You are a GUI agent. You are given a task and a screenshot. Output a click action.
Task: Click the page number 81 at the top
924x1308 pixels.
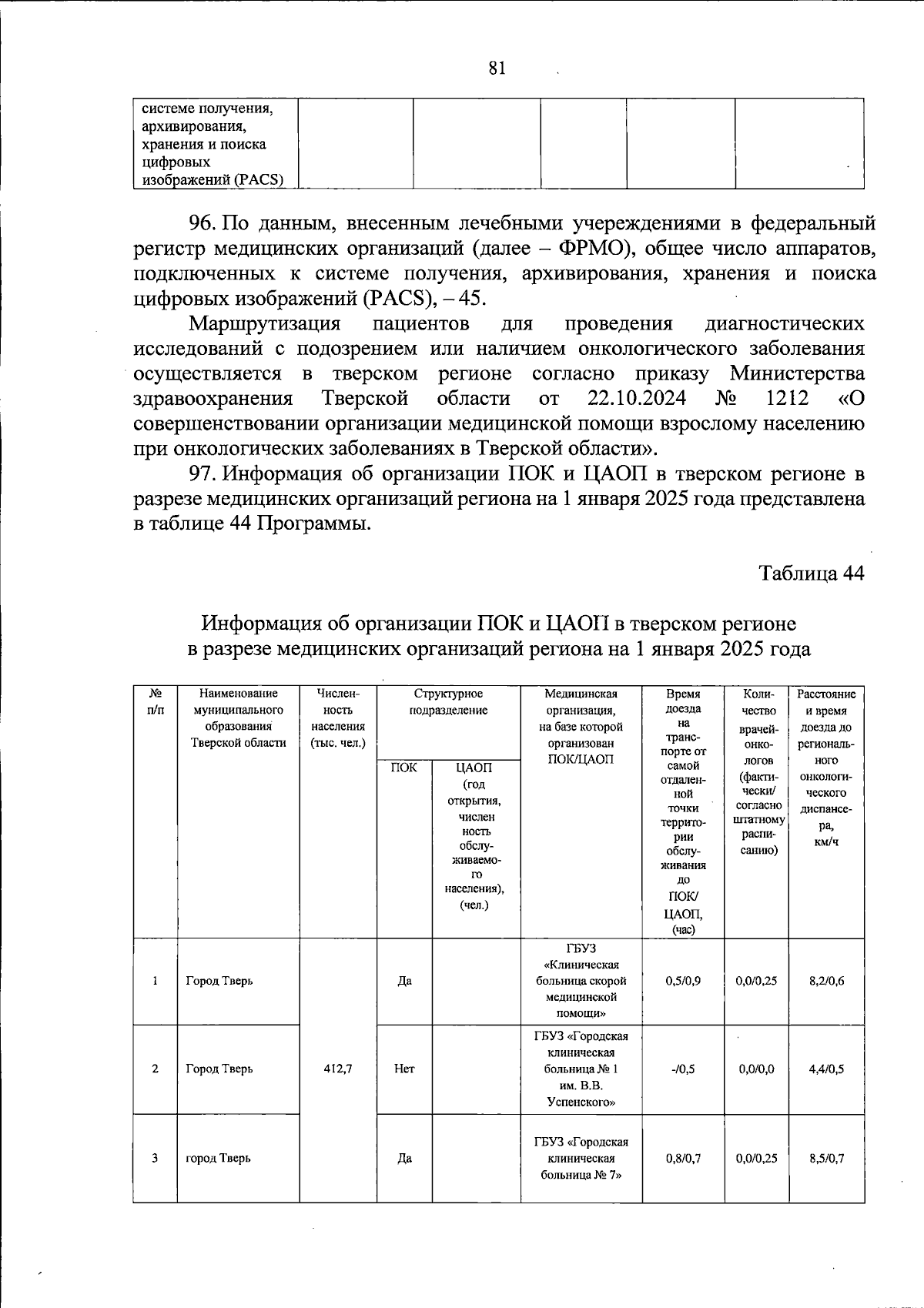pyautogui.click(x=497, y=69)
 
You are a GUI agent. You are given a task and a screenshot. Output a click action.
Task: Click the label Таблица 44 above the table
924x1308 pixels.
pyautogui.click(x=811, y=573)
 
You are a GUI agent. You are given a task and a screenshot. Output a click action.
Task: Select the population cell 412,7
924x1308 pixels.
pyautogui.click(x=338, y=1069)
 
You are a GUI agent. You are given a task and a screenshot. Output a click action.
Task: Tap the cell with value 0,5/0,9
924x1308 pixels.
pyautogui.click(x=683, y=981)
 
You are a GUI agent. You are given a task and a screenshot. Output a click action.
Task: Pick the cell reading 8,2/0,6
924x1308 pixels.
pyautogui.click(x=826, y=981)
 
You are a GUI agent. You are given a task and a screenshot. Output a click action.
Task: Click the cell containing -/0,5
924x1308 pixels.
pyautogui.click(x=683, y=1069)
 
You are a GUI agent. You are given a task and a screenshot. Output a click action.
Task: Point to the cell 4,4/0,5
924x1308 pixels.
pyautogui.click(x=826, y=1069)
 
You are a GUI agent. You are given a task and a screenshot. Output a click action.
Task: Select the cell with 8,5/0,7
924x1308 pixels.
pyautogui.click(x=826, y=1158)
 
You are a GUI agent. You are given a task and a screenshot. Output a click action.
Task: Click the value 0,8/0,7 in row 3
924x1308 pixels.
pyautogui.click(x=683, y=1158)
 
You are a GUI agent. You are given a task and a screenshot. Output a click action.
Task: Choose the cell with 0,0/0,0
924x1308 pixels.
pyautogui.click(x=756, y=1069)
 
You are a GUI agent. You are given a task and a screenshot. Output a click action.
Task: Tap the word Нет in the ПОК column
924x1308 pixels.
pyautogui.click(x=404, y=1069)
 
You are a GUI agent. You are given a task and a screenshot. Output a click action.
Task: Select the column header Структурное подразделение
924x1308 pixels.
pyautogui.click(x=448, y=702)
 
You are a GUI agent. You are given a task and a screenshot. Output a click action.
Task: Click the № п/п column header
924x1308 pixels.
pyautogui.click(x=155, y=702)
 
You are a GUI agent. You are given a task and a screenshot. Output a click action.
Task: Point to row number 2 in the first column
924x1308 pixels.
pyautogui.click(x=155, y=1069)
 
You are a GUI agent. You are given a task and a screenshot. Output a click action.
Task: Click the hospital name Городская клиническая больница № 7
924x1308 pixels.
pyautogui.click(x=581, y=1158)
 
